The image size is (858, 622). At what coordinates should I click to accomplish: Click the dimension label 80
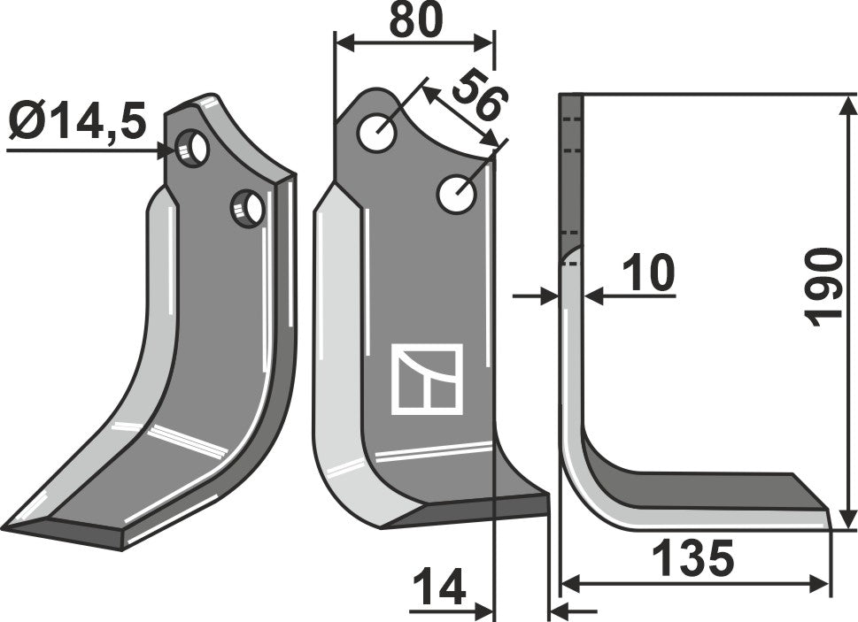[x=414, y=20]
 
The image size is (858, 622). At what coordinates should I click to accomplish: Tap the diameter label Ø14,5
[x=78, y=123]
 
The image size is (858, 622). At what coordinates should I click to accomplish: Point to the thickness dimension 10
[x=648, y=274]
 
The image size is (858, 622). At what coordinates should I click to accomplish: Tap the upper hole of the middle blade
[x=377, y=133]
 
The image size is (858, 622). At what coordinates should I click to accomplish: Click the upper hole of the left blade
[x=193, y=148]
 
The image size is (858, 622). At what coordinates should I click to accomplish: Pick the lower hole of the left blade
[x=249, y=209]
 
